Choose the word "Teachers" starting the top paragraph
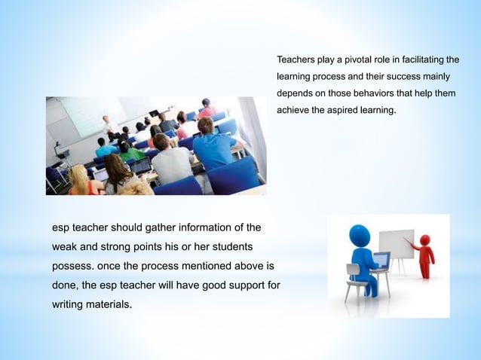296,59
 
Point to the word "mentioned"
202,267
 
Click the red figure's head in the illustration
424,240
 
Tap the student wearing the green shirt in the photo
129,151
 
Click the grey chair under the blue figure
354,280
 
